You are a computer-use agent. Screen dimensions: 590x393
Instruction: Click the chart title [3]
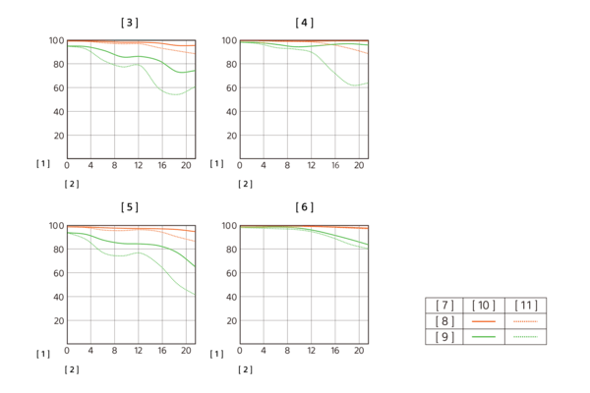coord(130,23)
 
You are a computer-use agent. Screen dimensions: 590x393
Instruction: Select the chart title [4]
coord(305,23)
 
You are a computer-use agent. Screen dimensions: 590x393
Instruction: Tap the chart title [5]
coord(130,207)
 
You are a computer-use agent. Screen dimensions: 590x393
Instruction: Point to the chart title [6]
coord(305,207)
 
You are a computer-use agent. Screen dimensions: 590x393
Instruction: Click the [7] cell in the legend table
coord(444,305)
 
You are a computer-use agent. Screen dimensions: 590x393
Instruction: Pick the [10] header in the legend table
coord(484,305)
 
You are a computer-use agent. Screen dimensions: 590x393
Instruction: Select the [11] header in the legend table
coord(526,305)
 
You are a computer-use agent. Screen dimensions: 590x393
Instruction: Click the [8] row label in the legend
coord(444,321)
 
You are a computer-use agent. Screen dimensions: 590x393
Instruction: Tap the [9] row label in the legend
coord(444,337)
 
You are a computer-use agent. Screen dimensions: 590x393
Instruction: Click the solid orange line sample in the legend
coord(484,321)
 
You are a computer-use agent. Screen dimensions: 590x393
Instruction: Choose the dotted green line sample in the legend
coord(526,337)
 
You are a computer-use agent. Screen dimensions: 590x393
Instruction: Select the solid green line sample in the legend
coord(484,337)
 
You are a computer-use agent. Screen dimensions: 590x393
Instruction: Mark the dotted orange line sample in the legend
coord(526,321)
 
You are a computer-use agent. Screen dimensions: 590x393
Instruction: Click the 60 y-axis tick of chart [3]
coord(59,88)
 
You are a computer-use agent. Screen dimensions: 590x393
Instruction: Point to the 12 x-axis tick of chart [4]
coord(311,165)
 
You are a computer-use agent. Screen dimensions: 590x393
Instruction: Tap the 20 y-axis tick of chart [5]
coord(59,321)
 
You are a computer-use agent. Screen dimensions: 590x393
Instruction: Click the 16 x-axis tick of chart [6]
coord(335,351)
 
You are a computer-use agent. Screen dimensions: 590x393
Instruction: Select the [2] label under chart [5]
coord(72,369)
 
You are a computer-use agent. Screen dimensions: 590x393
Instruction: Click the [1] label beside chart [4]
coord(216,164)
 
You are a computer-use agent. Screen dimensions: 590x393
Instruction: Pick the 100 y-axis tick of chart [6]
coord(229,226)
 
